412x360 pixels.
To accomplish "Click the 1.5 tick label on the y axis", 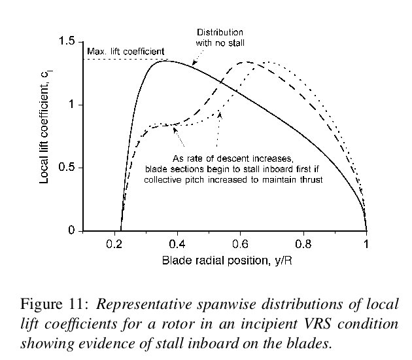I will point(68,42).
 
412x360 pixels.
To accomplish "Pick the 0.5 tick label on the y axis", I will point(68,168).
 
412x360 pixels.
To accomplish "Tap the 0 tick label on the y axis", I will point(73,231).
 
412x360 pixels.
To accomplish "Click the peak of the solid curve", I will point(163,61).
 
